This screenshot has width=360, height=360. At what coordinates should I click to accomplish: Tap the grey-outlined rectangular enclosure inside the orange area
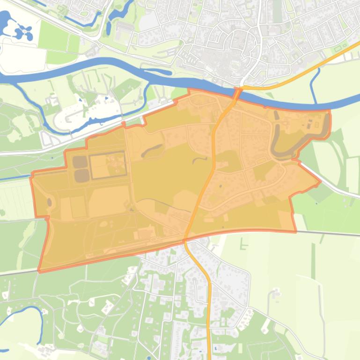(108, 165)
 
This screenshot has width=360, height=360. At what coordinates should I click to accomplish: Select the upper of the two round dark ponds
(79, 162)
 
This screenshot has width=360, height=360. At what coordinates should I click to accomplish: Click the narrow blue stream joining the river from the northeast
(316, 84)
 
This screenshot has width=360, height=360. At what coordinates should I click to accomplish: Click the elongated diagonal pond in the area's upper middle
(155, 150)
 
